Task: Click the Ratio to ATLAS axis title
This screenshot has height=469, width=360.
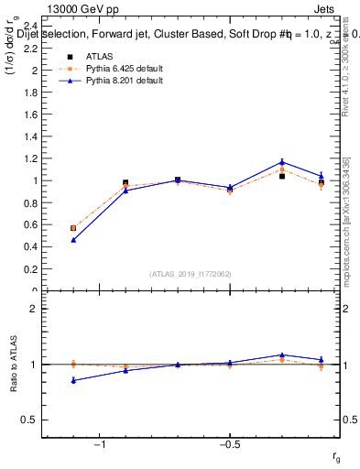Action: [x=15, y=364]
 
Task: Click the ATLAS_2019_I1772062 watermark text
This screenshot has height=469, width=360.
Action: [x=191, y=273]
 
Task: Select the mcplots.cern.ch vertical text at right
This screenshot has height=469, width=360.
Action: [x=349, y=229]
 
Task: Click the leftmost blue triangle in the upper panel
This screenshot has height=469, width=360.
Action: [x=73, y=240]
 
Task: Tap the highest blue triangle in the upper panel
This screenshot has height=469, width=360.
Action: [x=282, y=162]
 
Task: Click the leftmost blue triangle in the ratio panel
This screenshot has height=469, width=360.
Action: [x=73, y=380]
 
